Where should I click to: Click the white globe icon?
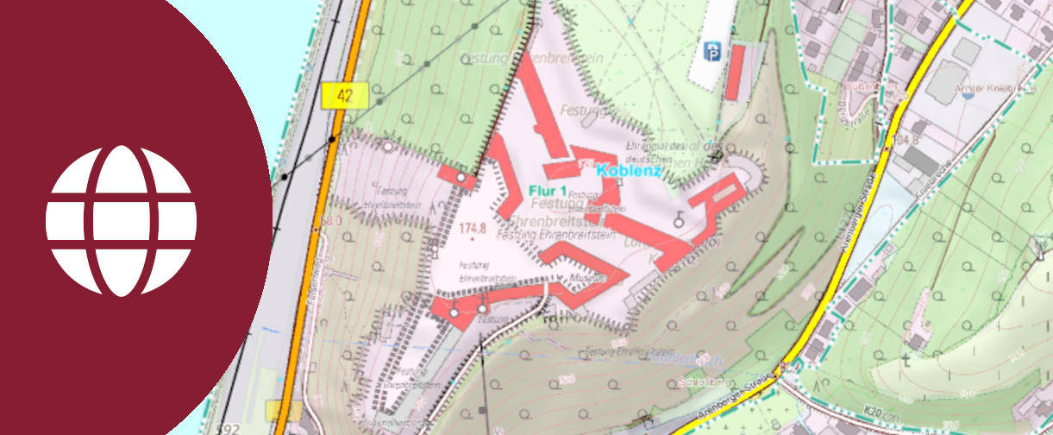(x=121, y=221)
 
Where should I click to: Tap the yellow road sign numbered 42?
(x=345, y=95)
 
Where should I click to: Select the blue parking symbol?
(x=713, y=52)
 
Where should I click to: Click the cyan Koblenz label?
(x=628, y=171)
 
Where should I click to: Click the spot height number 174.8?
(x=474, y=229)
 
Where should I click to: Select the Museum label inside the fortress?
(x=584, y=279)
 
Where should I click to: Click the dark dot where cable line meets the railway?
(x=332, y=139)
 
